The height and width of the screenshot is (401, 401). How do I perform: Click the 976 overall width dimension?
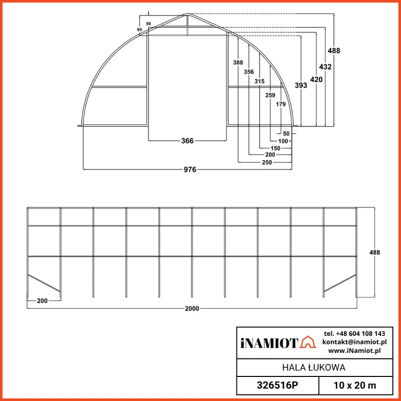click(189, 169)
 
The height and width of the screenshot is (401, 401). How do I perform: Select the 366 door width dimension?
click(187, 141)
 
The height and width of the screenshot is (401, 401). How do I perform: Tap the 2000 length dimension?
click(192, 308)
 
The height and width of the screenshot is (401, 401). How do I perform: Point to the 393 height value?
click(301, 86)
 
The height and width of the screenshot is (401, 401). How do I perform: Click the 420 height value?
click(316, 79)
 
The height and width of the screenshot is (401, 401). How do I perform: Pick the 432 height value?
click(325, 66)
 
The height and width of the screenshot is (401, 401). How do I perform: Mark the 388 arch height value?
click(238, 63)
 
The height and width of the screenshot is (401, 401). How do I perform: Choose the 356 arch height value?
click(249, 72)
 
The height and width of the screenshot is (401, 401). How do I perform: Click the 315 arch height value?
click(259, 81)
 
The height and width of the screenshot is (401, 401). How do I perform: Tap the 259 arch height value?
click(270, 95)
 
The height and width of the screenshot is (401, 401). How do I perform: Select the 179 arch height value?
click(281, 104)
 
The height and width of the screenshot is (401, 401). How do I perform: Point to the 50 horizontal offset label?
click(286, 134)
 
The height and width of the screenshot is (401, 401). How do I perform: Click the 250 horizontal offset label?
click(267, 163)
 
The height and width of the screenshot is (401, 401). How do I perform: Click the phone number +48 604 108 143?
click(355, 333)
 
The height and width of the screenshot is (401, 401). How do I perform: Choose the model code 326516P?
click(277, 385)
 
